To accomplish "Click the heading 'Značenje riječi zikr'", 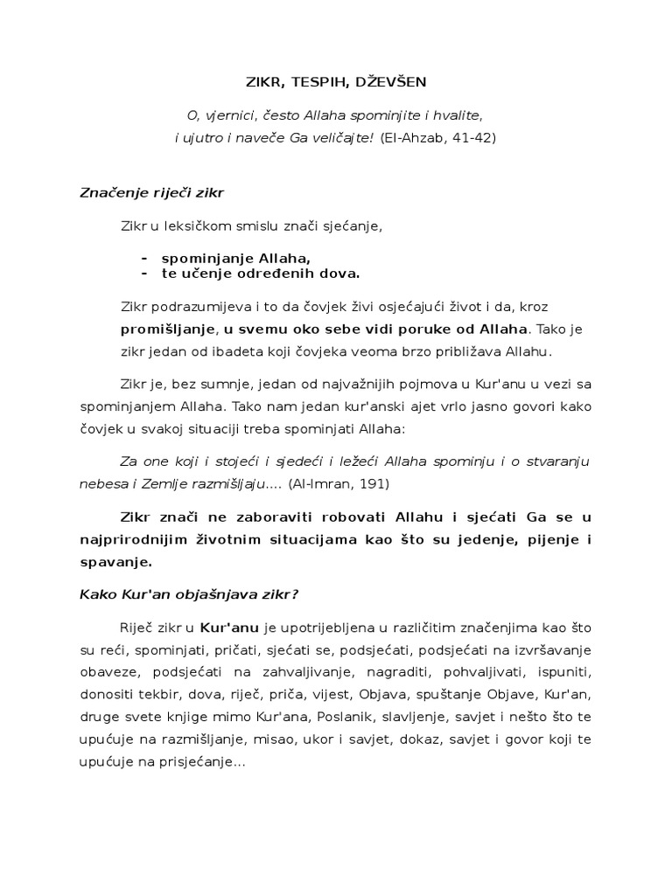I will pos(157,191).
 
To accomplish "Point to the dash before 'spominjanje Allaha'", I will pos(143,258).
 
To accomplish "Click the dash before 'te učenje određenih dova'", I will pos(143,274).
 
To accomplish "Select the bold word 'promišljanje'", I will pos(167,330).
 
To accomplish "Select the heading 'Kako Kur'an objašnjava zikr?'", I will pos(190,594).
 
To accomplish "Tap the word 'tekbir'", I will pos(152,695).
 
